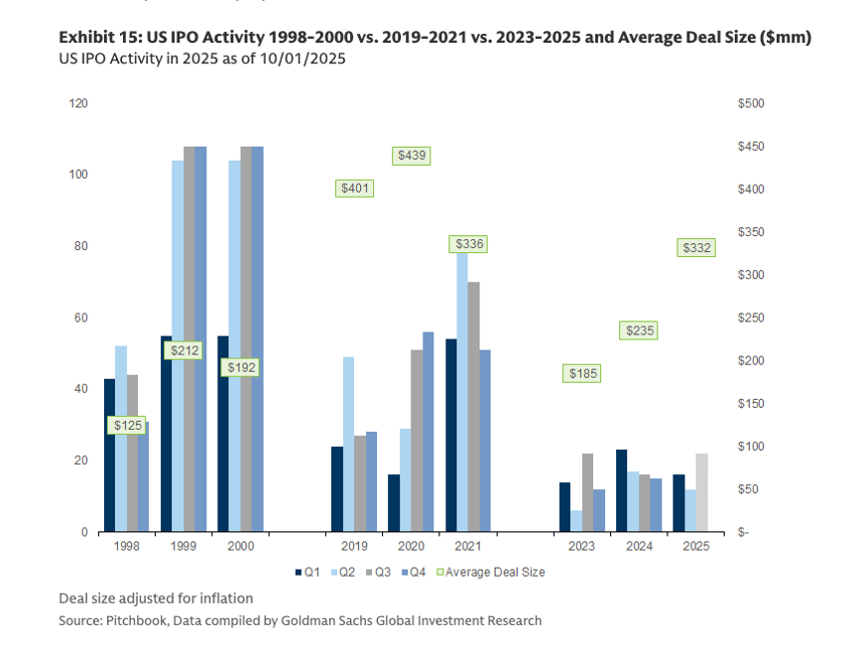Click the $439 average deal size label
click(x=412, y=156)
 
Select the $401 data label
click(x=354, y=189)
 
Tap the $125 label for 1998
click(x=127, y=426)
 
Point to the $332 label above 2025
click(x=695, y=248)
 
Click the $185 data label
click(x=582, y=374)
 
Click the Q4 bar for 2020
click(x=428, y=432)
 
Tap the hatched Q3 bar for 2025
click(x=702, y=492)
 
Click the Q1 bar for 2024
click(x=621, y=490)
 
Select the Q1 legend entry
click(x=305, y=572)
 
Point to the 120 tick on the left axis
click(x=77, y=103)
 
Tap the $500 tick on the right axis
click(x=751, y=103)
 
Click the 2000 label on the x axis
click(x=240, y=546)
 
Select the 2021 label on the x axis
click(x=467, y=546)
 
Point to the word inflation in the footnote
click(x=224, y=598)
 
